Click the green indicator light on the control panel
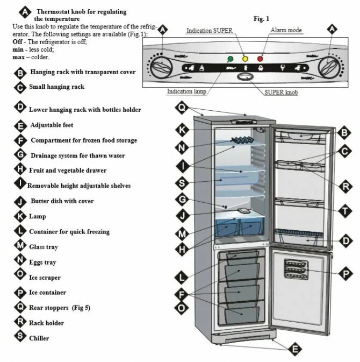(231, 59)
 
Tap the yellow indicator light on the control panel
(245, 59)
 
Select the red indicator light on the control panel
(261, 59)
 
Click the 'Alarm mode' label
(286, 31)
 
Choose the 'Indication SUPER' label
(209, 31)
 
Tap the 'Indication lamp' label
(186, 91)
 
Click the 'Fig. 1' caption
(261, 19)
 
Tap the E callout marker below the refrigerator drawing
(294, 350)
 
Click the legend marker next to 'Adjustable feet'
(20, 126)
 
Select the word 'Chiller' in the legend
(39, 338)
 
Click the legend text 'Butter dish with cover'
(62, 201)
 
